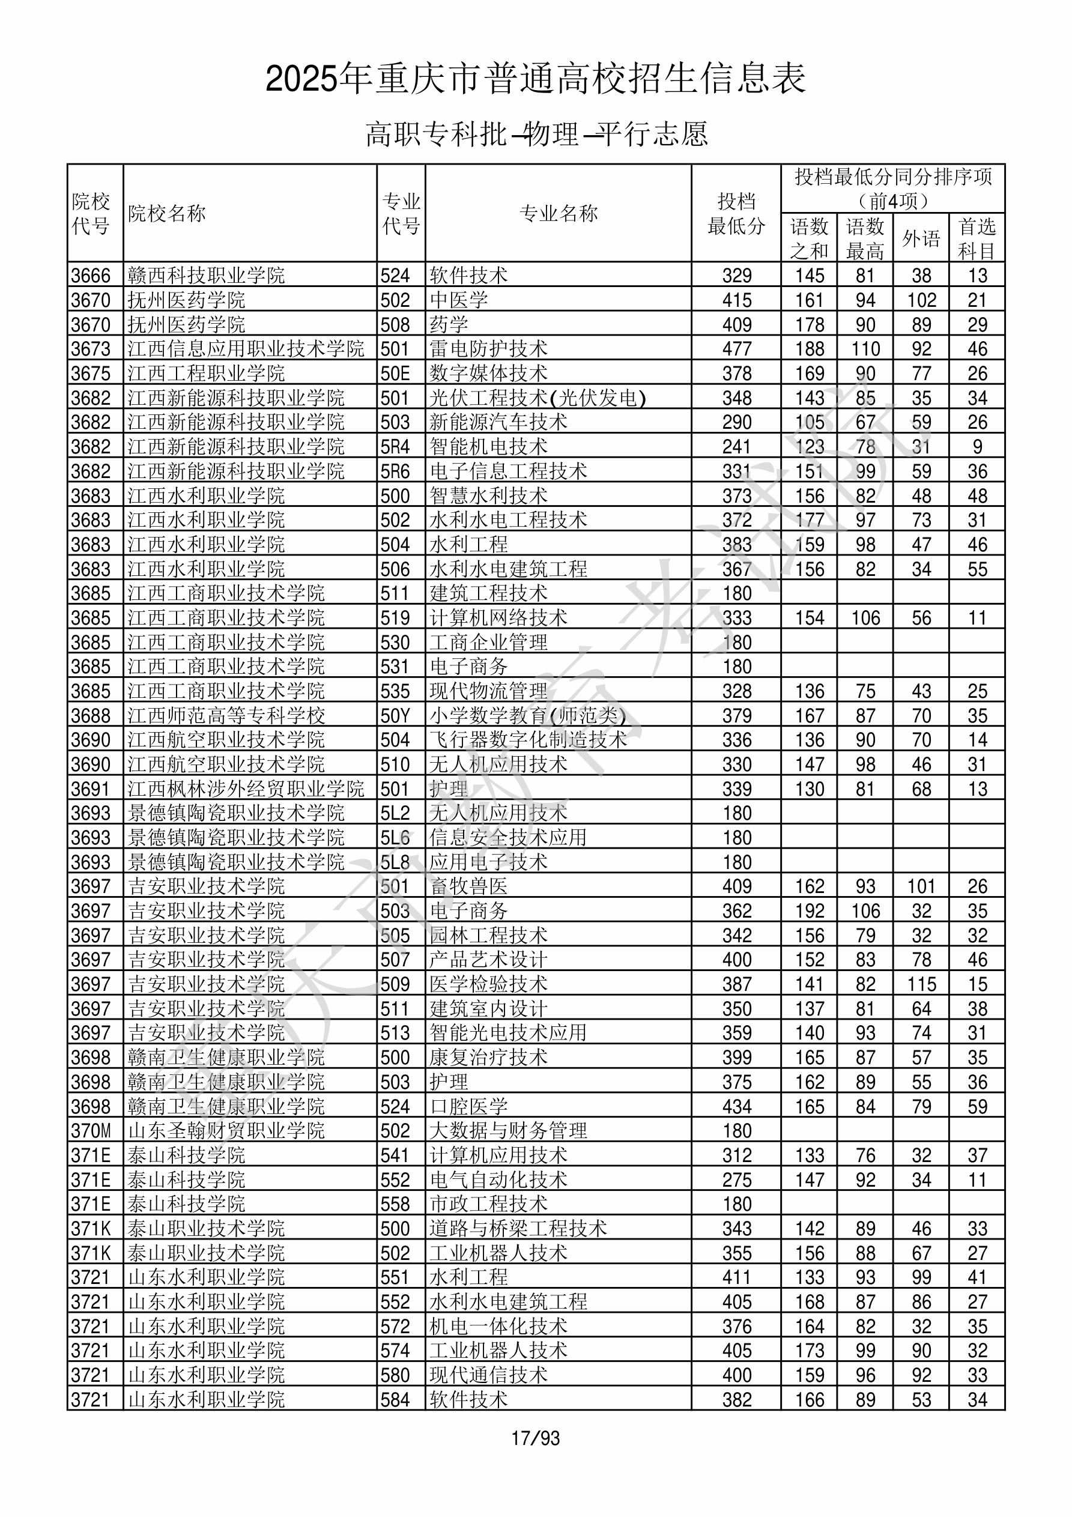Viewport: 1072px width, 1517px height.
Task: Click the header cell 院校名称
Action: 167,213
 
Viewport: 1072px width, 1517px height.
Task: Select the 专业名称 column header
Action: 559,213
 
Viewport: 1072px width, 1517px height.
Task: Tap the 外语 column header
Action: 921,238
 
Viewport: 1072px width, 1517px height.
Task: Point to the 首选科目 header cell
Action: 977,238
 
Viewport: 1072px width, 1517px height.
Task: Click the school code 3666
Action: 91,276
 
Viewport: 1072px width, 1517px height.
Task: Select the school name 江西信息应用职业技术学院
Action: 246,349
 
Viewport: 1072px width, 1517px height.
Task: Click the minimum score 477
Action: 737,349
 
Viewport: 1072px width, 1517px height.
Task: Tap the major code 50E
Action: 395,374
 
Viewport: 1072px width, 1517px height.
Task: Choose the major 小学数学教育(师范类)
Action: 527,715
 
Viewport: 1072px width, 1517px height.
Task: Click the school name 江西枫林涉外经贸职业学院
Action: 246,789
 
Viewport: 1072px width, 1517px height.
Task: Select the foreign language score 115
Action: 921,984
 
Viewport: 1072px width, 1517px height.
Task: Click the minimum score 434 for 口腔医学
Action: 737,1107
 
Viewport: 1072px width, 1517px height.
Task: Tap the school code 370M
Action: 91,1131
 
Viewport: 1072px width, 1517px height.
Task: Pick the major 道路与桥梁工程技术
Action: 518,1229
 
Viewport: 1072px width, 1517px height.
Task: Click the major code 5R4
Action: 395,447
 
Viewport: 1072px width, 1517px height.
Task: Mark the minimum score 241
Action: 737,447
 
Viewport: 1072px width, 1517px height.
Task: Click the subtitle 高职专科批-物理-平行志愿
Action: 537,134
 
